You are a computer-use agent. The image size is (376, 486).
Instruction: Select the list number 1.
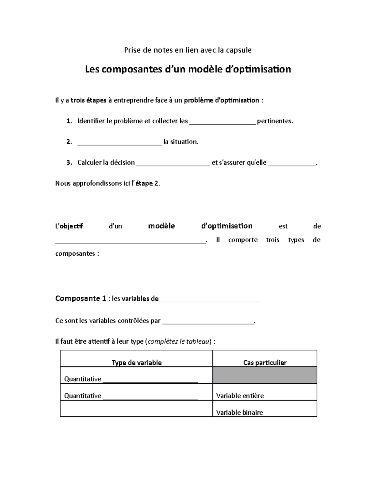click(69, 121)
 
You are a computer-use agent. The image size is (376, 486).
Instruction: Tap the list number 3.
click(69, 162)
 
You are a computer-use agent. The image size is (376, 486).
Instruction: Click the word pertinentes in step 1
click(275, 121)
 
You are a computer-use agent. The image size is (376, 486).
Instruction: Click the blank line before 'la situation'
click(119, 143)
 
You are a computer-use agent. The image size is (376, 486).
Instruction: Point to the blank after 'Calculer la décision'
click(173, 163)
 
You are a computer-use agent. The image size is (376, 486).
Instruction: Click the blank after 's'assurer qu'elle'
click(292, 163)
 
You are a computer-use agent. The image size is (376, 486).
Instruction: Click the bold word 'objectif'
click(71, 226)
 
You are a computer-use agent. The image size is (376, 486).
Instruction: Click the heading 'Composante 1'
click(81, 298)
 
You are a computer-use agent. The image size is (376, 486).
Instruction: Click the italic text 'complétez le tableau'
click(179, 341)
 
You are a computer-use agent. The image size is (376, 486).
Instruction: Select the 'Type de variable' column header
click(137, 362)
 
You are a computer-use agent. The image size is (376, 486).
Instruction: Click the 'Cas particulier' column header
click(265, 362)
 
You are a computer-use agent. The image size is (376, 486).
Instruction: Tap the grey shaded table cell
click(265, 375)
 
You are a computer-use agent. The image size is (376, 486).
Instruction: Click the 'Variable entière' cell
click(240, 396)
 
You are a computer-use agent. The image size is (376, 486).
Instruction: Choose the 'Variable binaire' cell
click(239, 412)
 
